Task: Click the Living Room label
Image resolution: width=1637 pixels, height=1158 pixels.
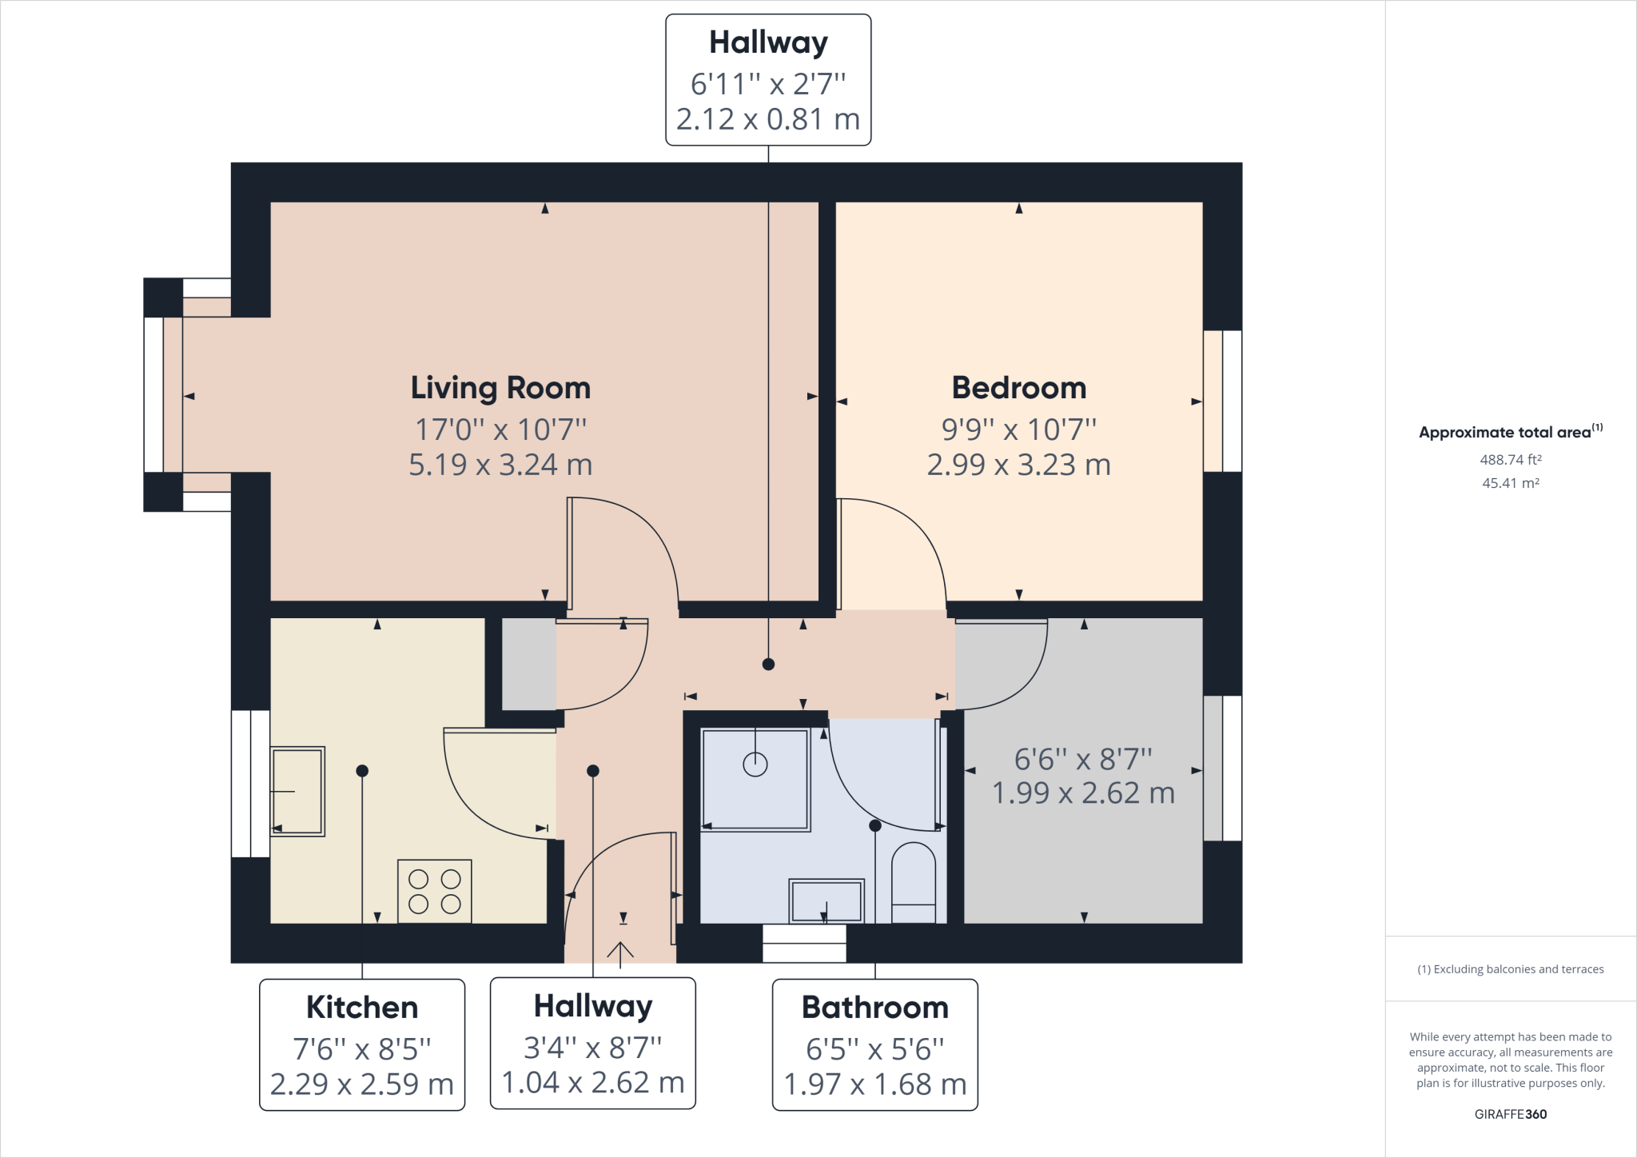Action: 500,388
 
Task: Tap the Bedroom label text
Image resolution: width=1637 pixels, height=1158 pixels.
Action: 1018,388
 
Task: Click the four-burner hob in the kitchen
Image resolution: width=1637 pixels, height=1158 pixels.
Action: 434,891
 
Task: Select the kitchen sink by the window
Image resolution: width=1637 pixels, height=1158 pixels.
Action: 297,791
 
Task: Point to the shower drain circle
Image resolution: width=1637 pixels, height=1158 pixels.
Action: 755,765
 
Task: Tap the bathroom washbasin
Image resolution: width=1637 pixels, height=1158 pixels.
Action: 826,900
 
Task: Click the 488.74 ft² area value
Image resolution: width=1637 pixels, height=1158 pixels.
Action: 1510,460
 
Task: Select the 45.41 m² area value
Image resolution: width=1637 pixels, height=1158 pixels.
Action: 1510,483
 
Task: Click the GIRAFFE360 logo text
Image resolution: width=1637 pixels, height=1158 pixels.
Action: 1510,1114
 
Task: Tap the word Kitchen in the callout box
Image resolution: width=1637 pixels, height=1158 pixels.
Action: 362,1008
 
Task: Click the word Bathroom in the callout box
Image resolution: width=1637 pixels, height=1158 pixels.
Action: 874,1008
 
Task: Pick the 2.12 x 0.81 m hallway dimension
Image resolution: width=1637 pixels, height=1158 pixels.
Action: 767,119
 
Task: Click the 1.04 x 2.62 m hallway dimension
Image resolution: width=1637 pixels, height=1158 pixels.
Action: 592,1083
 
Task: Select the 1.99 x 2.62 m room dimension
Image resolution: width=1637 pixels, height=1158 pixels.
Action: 1083,793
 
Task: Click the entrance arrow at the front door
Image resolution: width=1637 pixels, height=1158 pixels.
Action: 620,951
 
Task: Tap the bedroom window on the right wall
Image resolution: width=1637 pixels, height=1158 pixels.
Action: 1222,401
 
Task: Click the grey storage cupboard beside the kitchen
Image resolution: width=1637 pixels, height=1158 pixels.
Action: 528,664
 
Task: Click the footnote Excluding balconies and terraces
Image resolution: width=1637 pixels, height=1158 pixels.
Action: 1510,969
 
